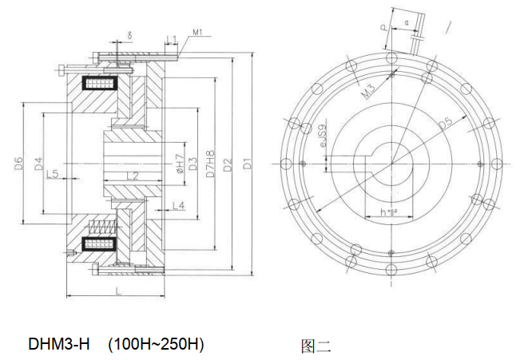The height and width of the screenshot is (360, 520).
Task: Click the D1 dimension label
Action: tap(248, 164)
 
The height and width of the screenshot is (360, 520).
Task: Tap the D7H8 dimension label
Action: tap(210, 164)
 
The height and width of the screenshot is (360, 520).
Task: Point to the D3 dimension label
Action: tap(193, 164)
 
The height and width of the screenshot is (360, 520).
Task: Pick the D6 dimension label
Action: tap(18, 164)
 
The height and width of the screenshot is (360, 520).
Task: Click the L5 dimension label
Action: tap(53, 173)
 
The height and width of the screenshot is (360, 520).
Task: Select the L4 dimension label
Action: tap(178, 206)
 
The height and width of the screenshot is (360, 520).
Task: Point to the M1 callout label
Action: tap(197, 33)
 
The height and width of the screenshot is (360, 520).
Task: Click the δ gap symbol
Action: tap(130, 36)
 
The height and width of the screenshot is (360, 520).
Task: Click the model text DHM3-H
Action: tap(59, 345)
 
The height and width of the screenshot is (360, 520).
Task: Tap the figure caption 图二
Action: tap(316, 346)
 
